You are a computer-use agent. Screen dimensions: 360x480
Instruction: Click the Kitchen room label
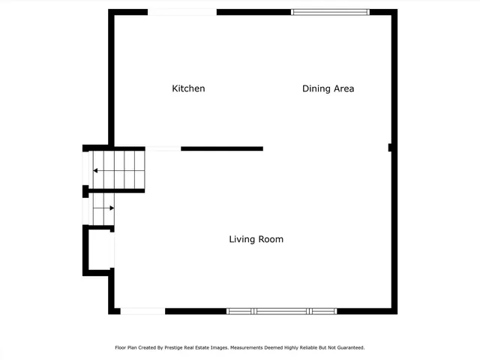coord(188,88)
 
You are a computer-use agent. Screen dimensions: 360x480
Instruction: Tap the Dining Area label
coord(328,88)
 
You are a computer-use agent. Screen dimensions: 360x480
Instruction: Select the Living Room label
coord(256,239)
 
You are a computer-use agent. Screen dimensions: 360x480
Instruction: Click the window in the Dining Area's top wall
coord(330,12)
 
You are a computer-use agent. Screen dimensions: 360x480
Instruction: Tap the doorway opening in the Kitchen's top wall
coord(182,12)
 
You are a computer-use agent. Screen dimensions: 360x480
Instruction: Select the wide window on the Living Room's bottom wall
coord(281,310)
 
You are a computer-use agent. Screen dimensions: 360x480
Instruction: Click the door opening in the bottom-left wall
coord(142,310)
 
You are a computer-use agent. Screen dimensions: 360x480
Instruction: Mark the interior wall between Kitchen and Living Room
coord(222,148)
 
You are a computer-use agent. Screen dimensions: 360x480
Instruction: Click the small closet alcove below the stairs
coord(101,249)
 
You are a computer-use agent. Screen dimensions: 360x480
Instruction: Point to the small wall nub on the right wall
coord(391,148)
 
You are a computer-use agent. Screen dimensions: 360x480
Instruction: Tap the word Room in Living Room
coord(271,239)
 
